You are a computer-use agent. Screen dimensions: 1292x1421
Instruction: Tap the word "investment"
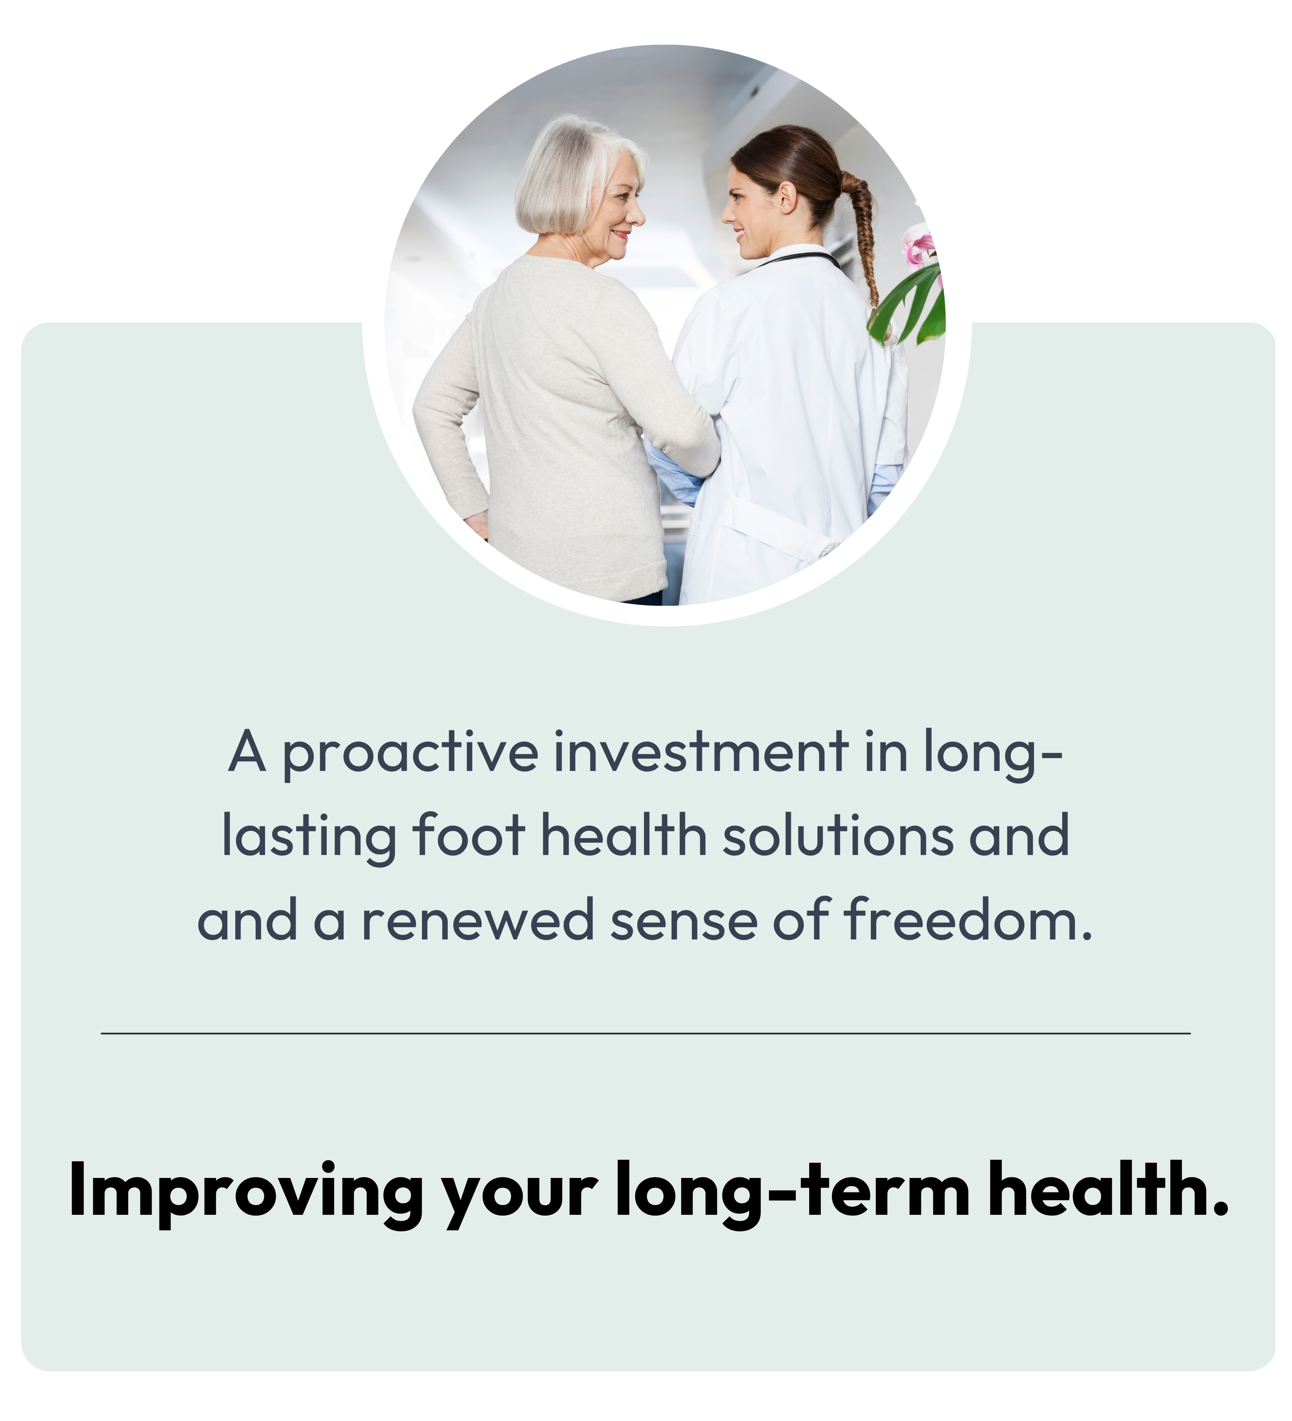pyautogui.click(x=701, y=751)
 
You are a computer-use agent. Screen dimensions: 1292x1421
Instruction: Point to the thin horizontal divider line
pyautogui.click(x=646, y=1033)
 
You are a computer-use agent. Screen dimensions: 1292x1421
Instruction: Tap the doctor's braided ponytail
pyautogui.click(x=861, y=233)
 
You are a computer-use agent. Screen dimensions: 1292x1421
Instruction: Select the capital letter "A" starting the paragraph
pyautogui.click(x=247, y=751)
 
